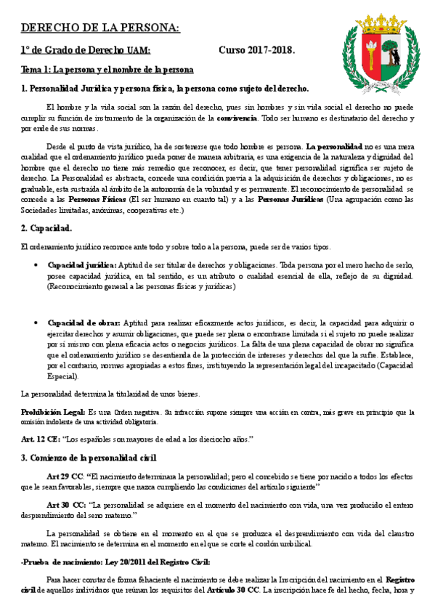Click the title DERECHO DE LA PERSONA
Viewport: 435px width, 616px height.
100,28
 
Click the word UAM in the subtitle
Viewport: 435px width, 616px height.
139,50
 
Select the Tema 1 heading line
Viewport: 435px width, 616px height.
107,70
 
